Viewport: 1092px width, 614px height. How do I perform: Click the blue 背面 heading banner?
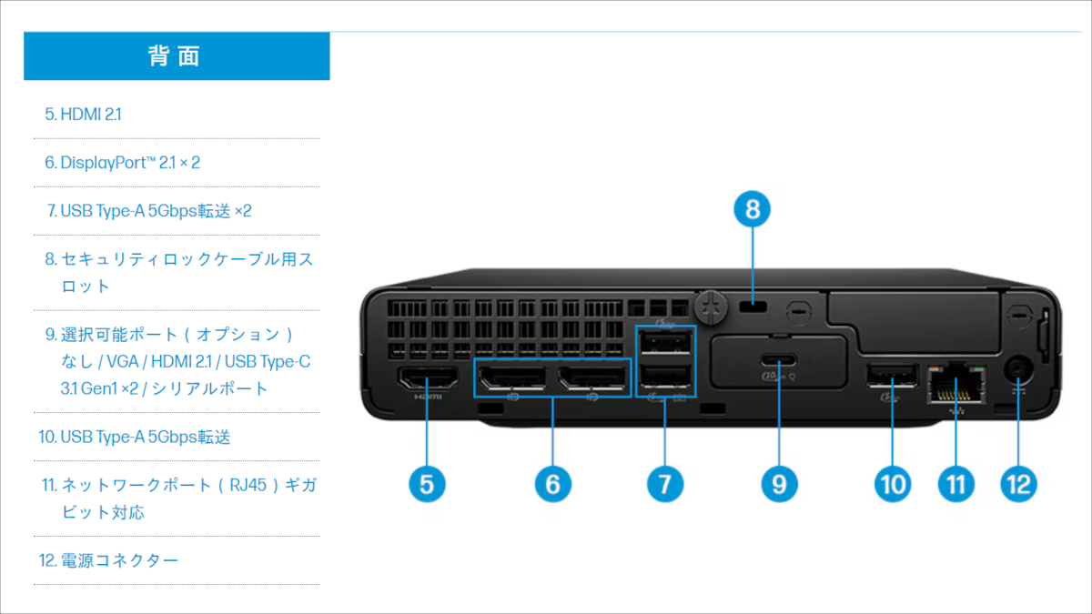coord(177,56)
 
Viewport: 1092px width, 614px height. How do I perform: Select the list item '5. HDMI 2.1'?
coord(84,115)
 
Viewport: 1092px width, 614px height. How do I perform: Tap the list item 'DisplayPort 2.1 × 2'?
coord(123,163)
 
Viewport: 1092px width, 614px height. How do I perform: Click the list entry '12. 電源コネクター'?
coord(109,560)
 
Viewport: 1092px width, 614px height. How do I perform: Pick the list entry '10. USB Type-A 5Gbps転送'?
coord(135,438)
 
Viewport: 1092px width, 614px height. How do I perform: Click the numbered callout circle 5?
coord(427,484)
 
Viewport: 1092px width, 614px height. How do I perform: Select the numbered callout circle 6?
coord(552,484)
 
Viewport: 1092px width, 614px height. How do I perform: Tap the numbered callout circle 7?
coord(665,484)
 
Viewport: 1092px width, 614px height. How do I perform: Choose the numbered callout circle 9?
coord(778,484)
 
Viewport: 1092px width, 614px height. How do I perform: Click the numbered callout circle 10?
coord(892,484)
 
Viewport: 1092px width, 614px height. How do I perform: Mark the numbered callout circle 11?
coord(955,484)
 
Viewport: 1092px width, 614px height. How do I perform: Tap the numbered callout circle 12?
coord(1018,484)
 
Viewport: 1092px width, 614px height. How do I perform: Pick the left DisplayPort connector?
coord(512,377)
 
